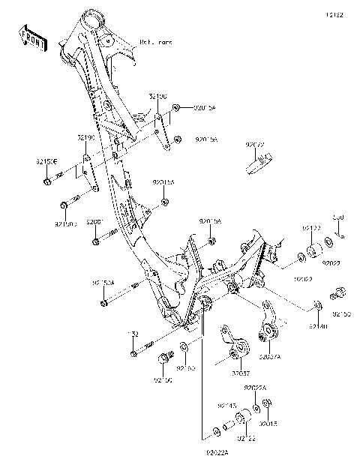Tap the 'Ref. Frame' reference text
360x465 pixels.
click(x=156, y=43)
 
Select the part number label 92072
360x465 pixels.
click(x=256, y=142)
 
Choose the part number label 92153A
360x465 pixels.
click(x=103, y=283)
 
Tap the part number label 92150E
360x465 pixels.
click(x=46, y=160)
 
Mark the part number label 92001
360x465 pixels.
click(x=94, y=223)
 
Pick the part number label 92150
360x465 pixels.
click(x=163, y=380)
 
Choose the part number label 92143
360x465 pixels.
click(x=227, y=406)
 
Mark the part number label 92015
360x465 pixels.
click(x=268, y=423)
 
